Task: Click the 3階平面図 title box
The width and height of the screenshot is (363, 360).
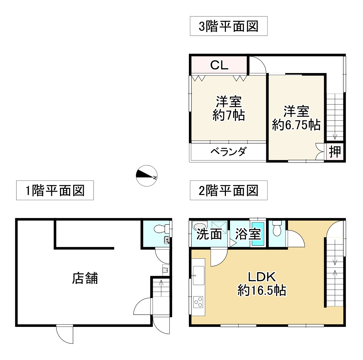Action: (x=228, y=26)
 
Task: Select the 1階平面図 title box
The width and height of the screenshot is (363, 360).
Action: (x=55, y=190)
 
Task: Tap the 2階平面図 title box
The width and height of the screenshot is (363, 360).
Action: (x=228, y=190)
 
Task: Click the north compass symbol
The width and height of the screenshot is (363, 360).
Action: (x=146, y=176)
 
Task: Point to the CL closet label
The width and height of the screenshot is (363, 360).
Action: (x=219, y=65)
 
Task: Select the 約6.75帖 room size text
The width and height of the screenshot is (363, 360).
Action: (x=296, y=125)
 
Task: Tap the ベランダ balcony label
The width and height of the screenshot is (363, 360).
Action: (x=228, y=152)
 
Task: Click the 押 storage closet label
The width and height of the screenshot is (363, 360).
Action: (x=335, y=152)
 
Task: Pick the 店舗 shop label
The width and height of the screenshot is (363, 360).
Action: (x=85, y=278)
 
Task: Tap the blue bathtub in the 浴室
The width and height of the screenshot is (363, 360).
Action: (x=258, y=234)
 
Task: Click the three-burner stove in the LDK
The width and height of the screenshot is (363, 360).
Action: (x=198, y=302)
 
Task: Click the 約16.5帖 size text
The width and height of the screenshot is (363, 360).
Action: (x=262, y=290)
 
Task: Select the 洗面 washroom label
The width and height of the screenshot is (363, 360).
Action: (x=209, y=234)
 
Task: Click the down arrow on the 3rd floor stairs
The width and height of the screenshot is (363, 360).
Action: (x=335, y=136)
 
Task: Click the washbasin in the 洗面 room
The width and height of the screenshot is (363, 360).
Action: (x=200, y=225)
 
